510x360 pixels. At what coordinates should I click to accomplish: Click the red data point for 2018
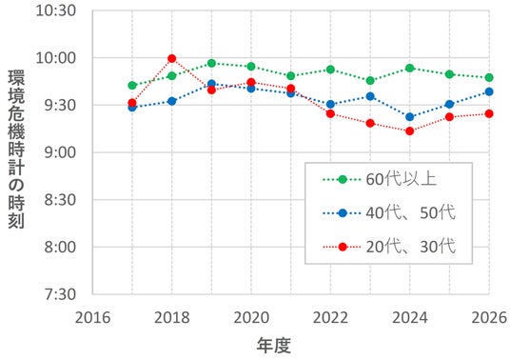[x=171, y=59]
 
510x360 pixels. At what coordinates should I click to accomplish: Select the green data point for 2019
[x=211, y=63]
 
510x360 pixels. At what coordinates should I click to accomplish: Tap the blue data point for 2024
[x=410, y=117]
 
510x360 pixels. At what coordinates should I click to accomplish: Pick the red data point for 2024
[x=410, y=131]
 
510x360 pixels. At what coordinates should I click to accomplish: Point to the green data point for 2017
[x=132, y=86]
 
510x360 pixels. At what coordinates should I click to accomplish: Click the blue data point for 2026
[x=489, y=91]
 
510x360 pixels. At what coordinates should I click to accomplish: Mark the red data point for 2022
[x=330, y=113]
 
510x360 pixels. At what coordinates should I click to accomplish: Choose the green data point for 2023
[x=370, y=80]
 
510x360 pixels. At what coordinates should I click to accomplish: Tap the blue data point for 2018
[x=171, y=101]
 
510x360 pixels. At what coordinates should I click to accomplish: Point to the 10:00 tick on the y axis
[x=55, y=58]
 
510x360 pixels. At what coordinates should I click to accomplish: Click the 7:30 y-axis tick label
[x=60, y=294]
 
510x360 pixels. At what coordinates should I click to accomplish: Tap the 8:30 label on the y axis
[x=60, y=200]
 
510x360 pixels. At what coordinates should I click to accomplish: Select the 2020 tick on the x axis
[x=251, y=317]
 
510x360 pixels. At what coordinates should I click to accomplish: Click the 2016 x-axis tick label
[x=92, y=317]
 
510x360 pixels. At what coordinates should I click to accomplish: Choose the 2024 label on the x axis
[x=410, y=317]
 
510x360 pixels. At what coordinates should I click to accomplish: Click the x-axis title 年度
[x=273, y=346]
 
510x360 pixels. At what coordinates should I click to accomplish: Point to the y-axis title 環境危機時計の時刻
[x=16, y=150]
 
